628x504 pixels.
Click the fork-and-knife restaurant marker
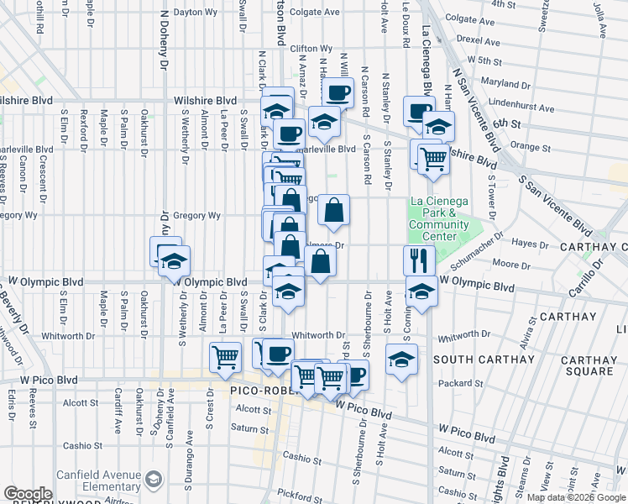pyautogui.click(x=416, y=260)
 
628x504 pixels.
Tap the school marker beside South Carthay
pyautogui.click(x=402, y=360)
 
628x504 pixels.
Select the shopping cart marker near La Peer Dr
pyautogui.click(x=225, y=357)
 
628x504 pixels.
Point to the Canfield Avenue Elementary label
pyautogui.click(x=98, y=480)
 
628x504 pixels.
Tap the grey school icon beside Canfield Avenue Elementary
pyautogui.click(x=154, y=480)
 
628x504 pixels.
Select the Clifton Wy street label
pyautogui.click(x=311, y=49)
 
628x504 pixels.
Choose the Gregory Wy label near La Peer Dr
pyautogui.click(x=196, y=216)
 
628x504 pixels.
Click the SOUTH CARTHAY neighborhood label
pyautogui.click(x=484, y=360)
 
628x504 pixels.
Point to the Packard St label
pyautogui.click(x=479, y=384)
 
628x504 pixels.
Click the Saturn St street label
pyautogui.click(x=250, y=428)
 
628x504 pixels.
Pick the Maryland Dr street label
pyautogui.click(x=525, y=83)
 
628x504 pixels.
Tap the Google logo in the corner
pyautogui.click(x=28, y=494)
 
